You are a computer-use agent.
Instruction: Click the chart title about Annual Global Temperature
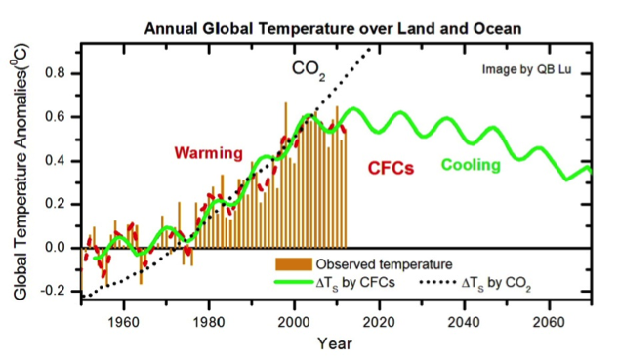pyautogui.click(x=332, y=29)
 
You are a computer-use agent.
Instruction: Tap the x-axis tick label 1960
pyautogui.click(x=124, y=323)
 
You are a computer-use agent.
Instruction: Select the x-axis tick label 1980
pyautogui.click(x=209, y=323)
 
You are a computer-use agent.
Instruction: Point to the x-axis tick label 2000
pyautogui.click(x=294, y=323)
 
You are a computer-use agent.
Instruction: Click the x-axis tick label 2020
pyautogui.click(x=379, y=323)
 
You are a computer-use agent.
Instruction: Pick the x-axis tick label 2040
pyautogui.click(x=464, y=323)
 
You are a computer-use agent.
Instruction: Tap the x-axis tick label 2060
pyautogui.click(x=549, y=323)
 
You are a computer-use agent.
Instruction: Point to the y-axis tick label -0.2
pyautogui.click(x=54, y=291)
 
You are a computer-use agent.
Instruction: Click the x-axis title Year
pyautogui.click(x=335, y=343)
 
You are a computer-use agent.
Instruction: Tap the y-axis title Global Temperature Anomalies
pyautogui.click(x=21, y=172)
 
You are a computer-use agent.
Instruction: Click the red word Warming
pyautogui.click(x=208, y=153)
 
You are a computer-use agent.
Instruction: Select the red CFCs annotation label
pyautogui.click(x=391, y=169)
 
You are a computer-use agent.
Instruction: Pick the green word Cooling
pyautogui.click(x=471, y=165)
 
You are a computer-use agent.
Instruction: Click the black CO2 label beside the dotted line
pyautogui.click(x=309, y=70)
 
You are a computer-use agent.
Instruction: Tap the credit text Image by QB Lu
pyautogui.click(x=526, y=70)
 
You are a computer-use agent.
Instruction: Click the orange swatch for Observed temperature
pyautogui.click(x=294, y=264)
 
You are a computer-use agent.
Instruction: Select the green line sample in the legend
pyautogui.click(x=294, y=282)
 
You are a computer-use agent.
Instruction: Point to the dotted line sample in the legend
pyautogui.click(x=437, y=282)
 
